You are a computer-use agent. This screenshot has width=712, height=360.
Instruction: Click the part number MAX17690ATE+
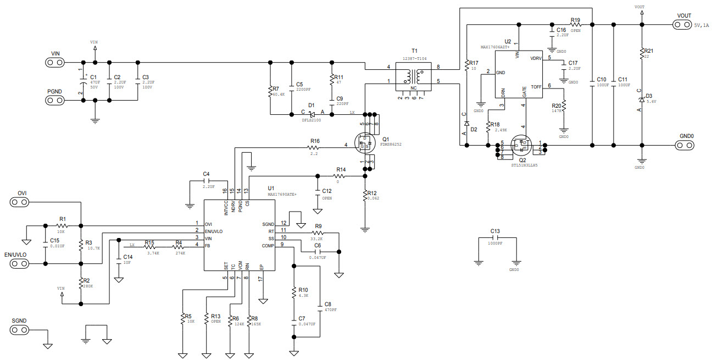tap(282, 195)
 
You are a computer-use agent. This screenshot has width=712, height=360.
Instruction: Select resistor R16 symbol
tap(314, 147)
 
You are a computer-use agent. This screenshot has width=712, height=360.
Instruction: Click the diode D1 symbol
tap(312, 114)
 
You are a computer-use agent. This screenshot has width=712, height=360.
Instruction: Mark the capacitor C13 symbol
tap(496, 239)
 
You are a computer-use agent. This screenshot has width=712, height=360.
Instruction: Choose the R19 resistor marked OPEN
tap(575, 25)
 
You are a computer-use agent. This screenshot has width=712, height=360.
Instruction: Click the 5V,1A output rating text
tap(702, 25)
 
